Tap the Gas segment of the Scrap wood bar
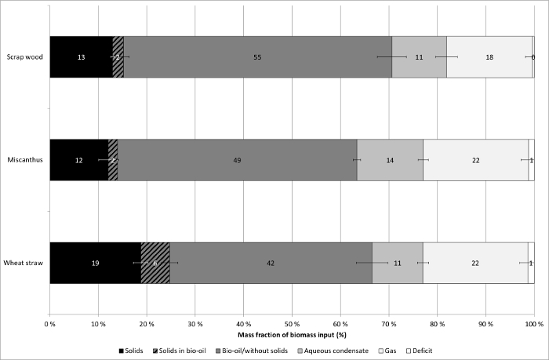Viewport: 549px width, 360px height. pos(489,57)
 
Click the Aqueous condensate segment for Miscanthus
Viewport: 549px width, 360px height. pos(390,160)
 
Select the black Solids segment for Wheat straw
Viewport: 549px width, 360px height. pos(95,263)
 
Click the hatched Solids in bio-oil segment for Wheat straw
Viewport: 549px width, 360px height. pos(155,263)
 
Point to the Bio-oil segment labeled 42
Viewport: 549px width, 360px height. pos(271,263)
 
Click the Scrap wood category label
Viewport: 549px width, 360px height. pos(24,57)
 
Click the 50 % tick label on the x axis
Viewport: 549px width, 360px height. pos(292,322)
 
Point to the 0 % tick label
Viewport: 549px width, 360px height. pos(49,322)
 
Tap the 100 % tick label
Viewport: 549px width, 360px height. pos(533,322)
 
